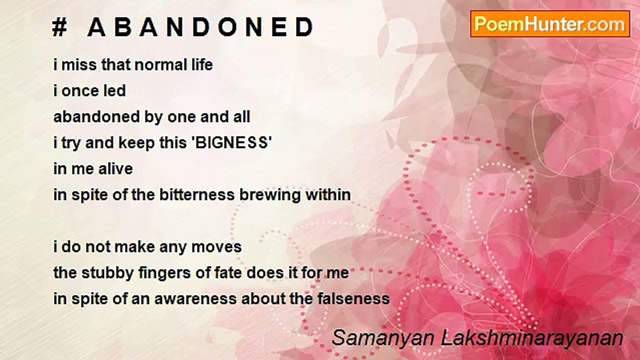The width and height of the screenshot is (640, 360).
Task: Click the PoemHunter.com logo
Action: coord(550,23)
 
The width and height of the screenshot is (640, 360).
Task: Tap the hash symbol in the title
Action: coord(59,28)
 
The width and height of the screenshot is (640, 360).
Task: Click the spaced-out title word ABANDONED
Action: coord(200,28)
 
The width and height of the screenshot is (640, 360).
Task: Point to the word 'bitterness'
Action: coord(197,195)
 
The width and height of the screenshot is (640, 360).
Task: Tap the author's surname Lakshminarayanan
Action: coord(532,338)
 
